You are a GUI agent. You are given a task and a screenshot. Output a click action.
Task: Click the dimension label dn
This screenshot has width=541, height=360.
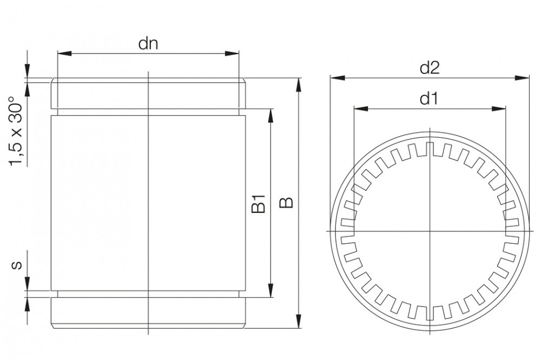(148, 44)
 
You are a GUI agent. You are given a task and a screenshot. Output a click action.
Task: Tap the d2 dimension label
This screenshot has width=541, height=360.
(430, 68)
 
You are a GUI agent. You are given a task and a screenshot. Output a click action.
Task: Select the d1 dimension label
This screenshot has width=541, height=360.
(429, 99)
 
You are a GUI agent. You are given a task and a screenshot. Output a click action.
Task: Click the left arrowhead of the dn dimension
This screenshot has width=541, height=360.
(64, 54)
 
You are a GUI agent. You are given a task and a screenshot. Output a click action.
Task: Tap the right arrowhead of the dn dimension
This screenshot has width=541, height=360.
(232, 54)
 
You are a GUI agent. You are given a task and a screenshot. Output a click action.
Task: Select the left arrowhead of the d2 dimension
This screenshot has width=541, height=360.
(337, 78)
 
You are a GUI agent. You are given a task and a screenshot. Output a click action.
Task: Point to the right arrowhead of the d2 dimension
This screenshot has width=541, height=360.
(522, 78)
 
